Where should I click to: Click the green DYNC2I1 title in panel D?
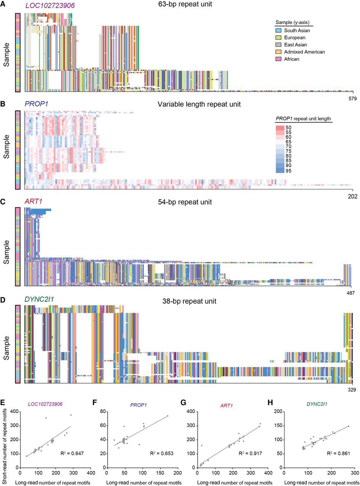pos(39,300)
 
